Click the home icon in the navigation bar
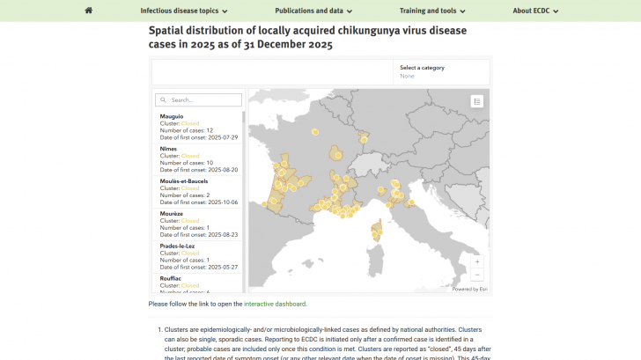click(x=88, y=11)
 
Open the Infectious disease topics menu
click(x=184, y=11)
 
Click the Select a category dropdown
click(x=440, y=71)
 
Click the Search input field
click(x=198, y=100)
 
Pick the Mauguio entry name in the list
click(x=172, y=116)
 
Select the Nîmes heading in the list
click(x=168, y=149)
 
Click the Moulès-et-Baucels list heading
click(x=183, y=181)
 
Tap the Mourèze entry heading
click(x=172, y=214)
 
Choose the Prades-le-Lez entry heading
click(x=177, y=246)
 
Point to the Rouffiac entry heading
click(x=171, y=278)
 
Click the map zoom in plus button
click(x=477, y=261)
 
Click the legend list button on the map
click(x=477, y=101)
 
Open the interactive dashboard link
click(x=275, y=304)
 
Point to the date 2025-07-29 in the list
click(x=225, y=136)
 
